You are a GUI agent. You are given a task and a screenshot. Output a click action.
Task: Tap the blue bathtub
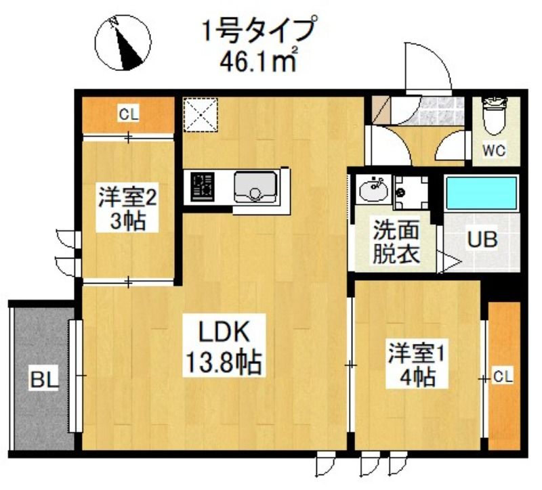tap(480, 192)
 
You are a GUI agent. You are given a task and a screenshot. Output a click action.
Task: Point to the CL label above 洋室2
tap(129, 114)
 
